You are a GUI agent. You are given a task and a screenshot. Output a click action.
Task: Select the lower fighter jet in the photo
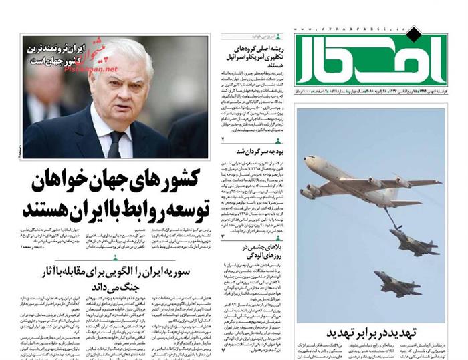[398, 282]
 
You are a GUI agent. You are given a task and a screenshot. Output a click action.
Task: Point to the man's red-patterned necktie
[116, 144]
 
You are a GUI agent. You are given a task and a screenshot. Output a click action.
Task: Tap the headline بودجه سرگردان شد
[249, 150]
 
